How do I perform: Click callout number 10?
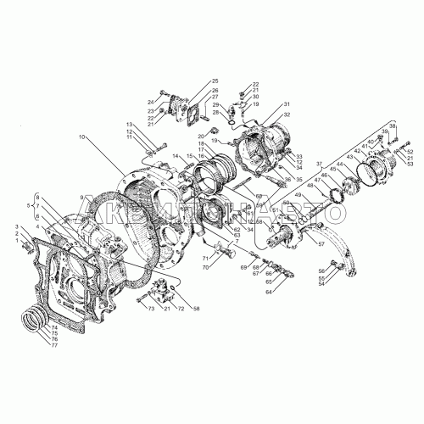point(83,137)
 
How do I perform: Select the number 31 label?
point(287,103)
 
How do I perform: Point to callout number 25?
point(215,80)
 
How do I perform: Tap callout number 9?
point(82,198)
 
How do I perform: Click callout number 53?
point(411,165)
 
